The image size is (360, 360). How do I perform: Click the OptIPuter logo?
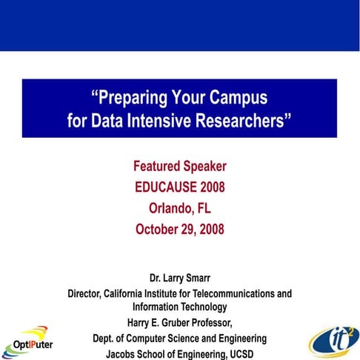[x=30, y=339]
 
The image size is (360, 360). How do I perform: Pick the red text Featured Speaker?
[x=179, y=166]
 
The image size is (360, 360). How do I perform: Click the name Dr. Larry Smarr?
[x=179, y=279]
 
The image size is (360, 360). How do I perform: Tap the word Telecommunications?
[x=236, y=293]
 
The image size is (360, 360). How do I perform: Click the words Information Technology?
[x=180, y=307]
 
